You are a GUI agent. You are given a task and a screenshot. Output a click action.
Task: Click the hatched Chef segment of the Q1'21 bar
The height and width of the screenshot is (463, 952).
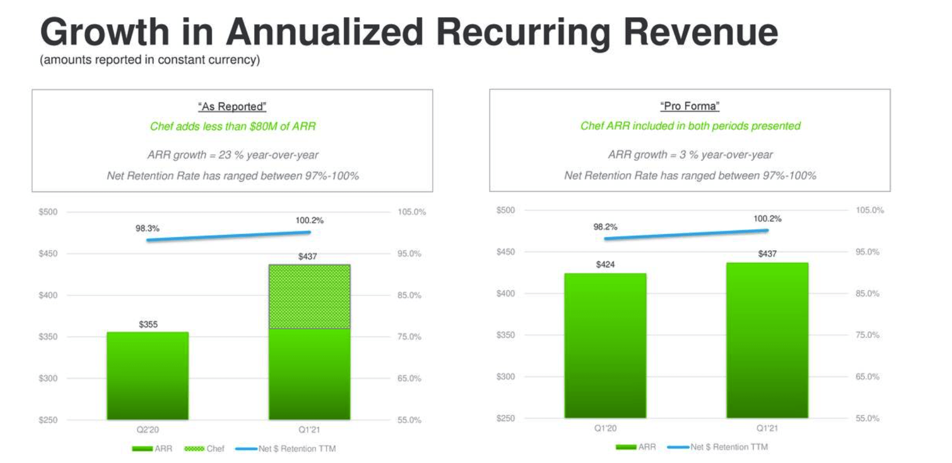point(309,296)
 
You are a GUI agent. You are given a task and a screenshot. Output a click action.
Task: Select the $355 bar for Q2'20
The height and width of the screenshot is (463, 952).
point(147,376)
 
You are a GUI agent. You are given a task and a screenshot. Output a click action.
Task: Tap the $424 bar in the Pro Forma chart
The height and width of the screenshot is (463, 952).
point(605,346)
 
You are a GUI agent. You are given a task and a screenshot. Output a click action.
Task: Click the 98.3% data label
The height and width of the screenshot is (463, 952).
point(147,228)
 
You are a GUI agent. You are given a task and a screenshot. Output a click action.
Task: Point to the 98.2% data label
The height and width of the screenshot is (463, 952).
point(605,227)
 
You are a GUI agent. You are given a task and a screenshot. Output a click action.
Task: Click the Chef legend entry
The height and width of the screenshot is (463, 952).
point(204,449)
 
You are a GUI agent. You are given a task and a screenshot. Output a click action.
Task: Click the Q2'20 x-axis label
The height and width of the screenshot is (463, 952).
point(148,430)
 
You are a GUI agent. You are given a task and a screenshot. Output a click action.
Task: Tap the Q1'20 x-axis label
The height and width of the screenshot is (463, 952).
point(605,428)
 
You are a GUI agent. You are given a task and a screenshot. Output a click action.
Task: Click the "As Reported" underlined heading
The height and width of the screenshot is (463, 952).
point(232,107)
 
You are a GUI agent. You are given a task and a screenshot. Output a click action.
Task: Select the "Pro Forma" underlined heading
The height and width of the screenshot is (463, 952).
point(689,106)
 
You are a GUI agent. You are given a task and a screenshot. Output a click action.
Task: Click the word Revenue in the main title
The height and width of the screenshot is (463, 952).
point(700,32)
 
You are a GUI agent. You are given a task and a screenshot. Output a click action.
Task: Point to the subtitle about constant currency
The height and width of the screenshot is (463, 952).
point(150,60)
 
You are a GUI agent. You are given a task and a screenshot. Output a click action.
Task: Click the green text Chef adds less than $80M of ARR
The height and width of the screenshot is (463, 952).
point(233,126)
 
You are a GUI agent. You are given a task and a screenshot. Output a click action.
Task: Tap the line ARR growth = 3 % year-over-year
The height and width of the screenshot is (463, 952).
point(690,155)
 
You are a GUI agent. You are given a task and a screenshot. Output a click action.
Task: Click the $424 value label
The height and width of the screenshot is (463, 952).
point(605,264)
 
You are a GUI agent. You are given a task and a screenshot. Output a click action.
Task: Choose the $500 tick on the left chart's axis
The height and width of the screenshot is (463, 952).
point(48,212)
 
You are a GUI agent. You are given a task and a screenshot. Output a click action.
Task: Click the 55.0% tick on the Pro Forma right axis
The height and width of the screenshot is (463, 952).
point(867,418)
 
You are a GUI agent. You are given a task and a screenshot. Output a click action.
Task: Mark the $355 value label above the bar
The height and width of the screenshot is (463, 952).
point(148,324)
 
